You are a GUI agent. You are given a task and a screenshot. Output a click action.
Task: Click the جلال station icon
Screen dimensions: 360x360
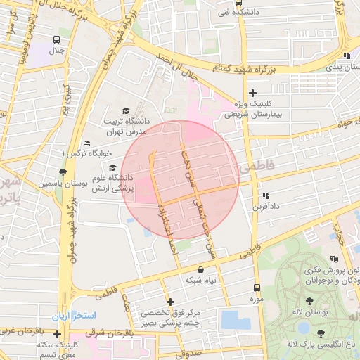click(x=56, y=40)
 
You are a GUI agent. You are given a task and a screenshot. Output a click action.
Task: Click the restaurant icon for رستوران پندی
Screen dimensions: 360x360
click(x=345, y=56)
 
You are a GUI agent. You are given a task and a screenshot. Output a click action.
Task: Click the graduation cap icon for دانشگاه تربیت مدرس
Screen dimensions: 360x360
click(x=126, y=110)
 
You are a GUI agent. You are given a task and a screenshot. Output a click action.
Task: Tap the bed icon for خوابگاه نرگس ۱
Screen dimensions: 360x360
click(x=86, y=143)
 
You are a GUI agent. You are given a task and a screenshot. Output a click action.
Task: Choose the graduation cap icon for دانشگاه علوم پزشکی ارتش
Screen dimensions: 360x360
click(x=112, y=167)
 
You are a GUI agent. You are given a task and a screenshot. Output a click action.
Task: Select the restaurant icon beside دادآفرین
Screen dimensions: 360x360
click(x=265, y=196)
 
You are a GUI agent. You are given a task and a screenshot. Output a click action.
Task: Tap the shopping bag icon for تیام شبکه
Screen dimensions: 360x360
click(x=201, y=269)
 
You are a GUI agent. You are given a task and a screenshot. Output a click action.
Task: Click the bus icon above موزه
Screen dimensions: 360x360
click(x=256, y=288)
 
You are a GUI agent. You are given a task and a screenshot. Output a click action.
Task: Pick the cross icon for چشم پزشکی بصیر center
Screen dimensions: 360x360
click(x=169, y=302)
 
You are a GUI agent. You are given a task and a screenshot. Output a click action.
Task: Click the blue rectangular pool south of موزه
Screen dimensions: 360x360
click(x=236, y=320)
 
